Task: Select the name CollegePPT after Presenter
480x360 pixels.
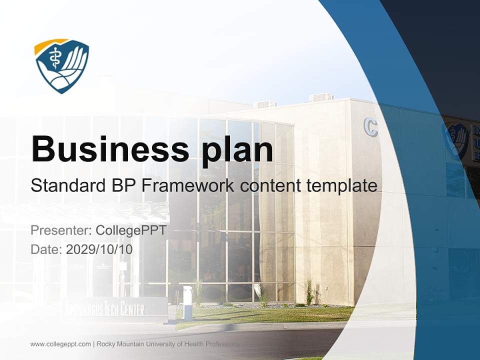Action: pos(130,230)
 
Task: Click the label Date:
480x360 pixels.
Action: pos(46,249)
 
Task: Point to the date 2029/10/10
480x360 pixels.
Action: pos(99,249)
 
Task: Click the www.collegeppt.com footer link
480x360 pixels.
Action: pos(60,344)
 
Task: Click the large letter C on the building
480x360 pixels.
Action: pos(370,127)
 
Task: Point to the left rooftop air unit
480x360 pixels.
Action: pos(265,104)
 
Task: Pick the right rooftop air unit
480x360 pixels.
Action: pos(321,97)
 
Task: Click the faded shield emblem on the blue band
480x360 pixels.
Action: pos(456,140)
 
